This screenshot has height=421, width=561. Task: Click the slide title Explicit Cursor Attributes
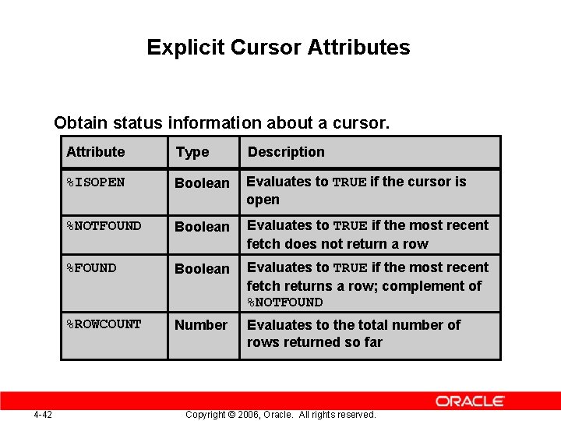tap(278, 48)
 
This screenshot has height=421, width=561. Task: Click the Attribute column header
tap(95, 152)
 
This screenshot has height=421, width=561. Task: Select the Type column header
tap(192, 152)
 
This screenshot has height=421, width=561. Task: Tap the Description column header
tap(286, 152)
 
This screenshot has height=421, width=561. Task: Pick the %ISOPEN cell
tap(95, 182)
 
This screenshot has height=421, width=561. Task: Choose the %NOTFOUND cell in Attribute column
tap(104, 226)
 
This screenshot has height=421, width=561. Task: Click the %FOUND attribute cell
tap(91, 268)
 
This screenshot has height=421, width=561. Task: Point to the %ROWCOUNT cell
tap(104, 324)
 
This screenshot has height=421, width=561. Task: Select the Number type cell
tap(201, 324)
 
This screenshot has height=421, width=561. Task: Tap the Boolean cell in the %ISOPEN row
tap(202, 183)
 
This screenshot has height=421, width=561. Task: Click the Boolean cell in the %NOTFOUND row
tap(202, 227)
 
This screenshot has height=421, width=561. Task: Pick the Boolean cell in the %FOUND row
tap(202, 269)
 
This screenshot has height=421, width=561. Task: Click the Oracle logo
tap(470, 401)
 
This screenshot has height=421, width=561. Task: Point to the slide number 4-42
tap(43, 414)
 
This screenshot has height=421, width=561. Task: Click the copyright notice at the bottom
tap(280, 414)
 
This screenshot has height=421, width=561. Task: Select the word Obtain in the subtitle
tap(80, 123)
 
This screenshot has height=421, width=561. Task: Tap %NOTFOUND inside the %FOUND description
tap(284, 302)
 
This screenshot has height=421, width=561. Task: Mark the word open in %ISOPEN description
tap(263, 200)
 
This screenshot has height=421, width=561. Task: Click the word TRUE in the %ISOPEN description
tap(349, 182)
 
